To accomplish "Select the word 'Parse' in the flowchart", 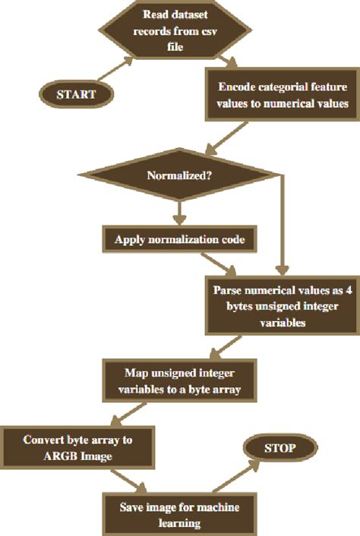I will [x=228, y=291].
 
